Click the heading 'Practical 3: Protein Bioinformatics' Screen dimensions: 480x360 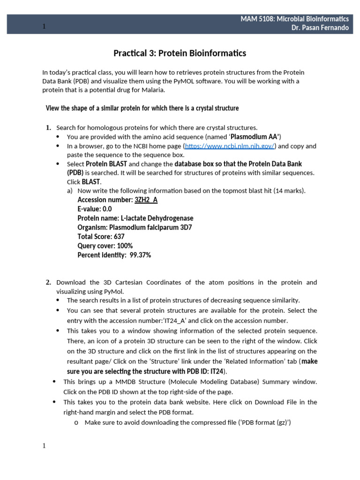coord(180,53)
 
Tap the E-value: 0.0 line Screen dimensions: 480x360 coord(94,209)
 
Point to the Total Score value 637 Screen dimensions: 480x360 coord(119,237)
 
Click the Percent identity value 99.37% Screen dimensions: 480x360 coord(140,255)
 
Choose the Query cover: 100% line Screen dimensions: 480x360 coord(105,246)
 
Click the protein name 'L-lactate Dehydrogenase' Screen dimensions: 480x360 coord(157,218)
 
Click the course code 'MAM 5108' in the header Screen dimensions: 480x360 coord(257,19)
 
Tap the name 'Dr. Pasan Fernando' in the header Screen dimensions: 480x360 coord(320,28)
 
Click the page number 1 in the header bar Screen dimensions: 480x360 coord(44,27)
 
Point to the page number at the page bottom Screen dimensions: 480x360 coord(44,446)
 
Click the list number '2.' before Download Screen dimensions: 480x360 coord(48,282)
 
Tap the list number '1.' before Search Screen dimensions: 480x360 coord(48,127)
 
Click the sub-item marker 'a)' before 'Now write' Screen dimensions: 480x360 coord(70,191)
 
